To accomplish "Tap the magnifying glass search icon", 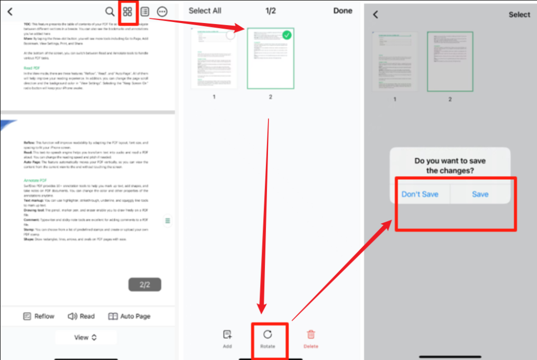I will pyautogui.click(x=110, y=12).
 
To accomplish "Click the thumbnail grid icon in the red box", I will pyautogui.click(x=127, y=12).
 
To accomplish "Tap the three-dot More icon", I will pyautogui.click(x=162, y=12).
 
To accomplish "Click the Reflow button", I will pyautogui.click(x=38, y=316).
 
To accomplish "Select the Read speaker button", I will pyautogui.click(x=81, y=316).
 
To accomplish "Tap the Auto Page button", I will pyautogui.click(x=129, y=316).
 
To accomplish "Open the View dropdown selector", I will pyautogui.click(x=85, y=337).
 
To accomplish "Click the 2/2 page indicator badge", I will pyautogui.click(x=145, y=285).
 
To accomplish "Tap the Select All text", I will pyautogui.click(x=205, y=10).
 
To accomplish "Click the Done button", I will pyautogui.click(x=343, y=10).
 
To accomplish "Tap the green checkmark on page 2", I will pyautogui.click(x=286, y=36).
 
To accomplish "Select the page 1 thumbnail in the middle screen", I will pyautogui.click(x=214, y=59).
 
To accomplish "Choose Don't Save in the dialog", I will pyautogui.click(x=420, y=194).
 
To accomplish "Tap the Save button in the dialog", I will pyautogui.click(x=480, y=194).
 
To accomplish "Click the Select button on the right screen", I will pyautogui.click(x=519, y=15).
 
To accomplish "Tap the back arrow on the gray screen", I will pyautogui.click(x=375, y=15).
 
